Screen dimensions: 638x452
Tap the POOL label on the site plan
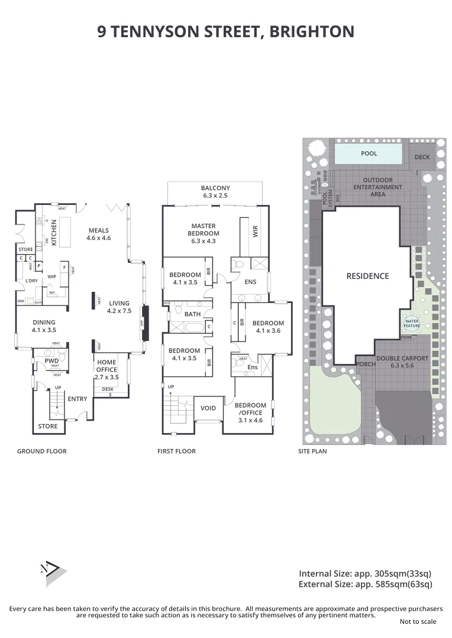click(x=369, y=154)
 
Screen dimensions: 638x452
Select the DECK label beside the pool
click(x=422, y=157)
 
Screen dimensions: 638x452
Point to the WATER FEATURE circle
click(x=412, y=323)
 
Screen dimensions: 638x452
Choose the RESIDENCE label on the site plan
click(x=367, y=276)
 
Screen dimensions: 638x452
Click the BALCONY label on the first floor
click(x=215, y=191)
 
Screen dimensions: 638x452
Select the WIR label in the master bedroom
click(x=256, y=231)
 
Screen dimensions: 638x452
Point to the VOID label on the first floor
click(x=208, y=408)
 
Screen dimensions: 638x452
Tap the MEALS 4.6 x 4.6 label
click(x=99, y=234)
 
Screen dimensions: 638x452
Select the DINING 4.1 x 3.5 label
click(x=44, y=326)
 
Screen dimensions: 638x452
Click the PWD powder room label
click(x=51, y=360)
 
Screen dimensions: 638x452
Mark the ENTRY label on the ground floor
click(x=78, y=399)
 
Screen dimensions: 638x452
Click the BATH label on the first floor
click(x=192, y=314)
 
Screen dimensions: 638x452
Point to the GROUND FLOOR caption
click(x=41, y=451)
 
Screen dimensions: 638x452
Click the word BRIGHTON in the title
click(x=311, y=31)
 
